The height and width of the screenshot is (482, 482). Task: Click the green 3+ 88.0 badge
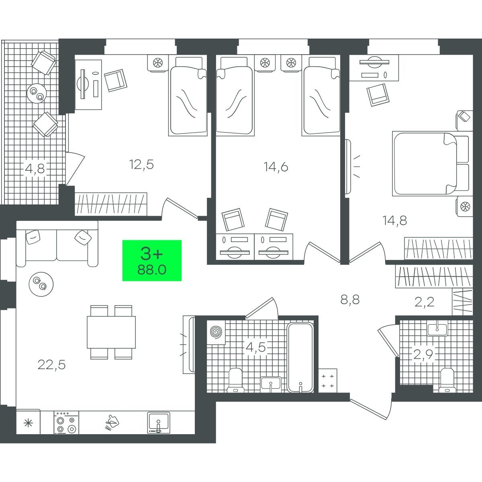[x=152, y=260]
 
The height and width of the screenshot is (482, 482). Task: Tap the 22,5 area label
[x=51, y=365]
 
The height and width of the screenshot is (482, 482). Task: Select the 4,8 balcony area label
[x=35, y=169]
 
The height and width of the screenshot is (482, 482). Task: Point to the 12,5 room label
[x=141, y=165]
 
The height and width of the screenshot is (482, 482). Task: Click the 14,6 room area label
[x=276, y=167]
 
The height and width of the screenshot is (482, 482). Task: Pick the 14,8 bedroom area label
[x=395, y=221]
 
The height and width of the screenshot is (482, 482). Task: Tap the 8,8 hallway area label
[x=350, y=299]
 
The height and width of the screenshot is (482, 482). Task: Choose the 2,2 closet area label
[x=424, y=302]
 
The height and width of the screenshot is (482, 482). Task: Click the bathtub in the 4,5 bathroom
[x=300, y=357]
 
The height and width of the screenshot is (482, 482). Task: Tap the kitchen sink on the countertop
[x=159, y=423]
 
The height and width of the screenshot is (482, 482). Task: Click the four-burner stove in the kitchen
[x=66, y=423]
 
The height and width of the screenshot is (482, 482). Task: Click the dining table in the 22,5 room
[x=111, y=332]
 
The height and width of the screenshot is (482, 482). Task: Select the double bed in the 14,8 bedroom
[x=431, y=163]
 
